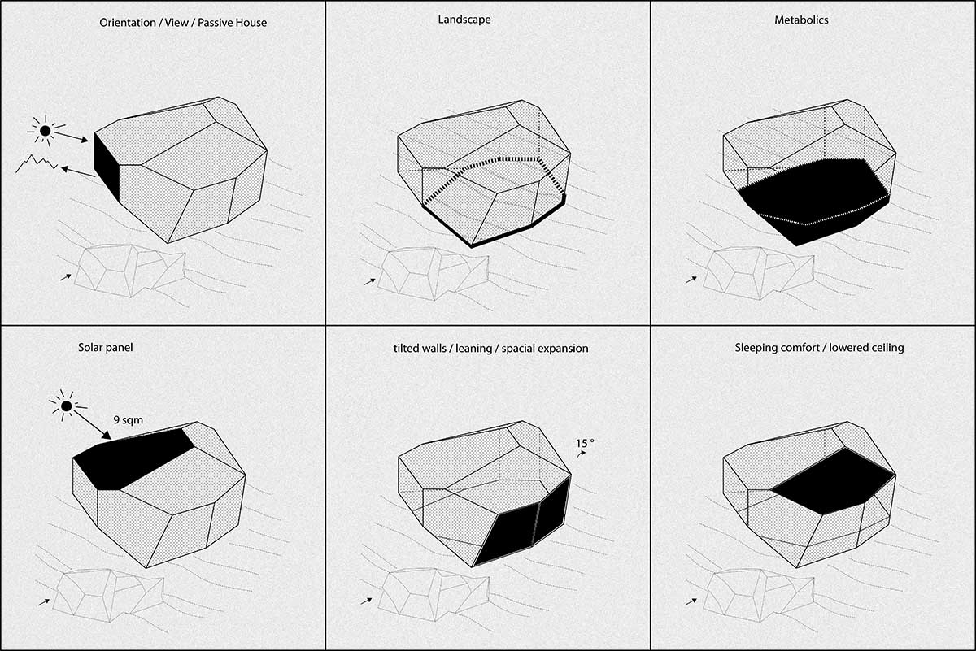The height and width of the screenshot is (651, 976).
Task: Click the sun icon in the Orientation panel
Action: click(46, 130)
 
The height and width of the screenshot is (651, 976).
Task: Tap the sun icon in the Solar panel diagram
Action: click(67, 405)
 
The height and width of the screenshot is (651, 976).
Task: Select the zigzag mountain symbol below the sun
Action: click(37, 165)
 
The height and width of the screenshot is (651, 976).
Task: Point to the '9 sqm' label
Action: click(129, 419)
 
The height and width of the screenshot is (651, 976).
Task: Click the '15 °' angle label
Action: click(586, 443)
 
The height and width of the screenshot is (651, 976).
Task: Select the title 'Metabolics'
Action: click(801, 20)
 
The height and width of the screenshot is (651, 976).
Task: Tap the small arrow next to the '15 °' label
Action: click(581, 456)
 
